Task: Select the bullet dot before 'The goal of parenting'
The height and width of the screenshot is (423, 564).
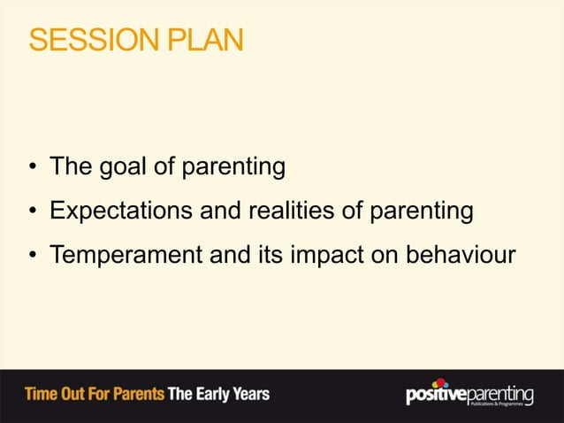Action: [x=32, y=168]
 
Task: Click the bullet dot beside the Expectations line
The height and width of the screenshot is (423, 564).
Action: [x=32, y=212]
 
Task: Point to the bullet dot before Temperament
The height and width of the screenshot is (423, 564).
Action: [x=32, y=257]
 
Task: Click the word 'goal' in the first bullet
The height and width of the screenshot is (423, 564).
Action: [x=115, y=167]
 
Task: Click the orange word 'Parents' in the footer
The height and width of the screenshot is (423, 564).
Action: [x=133, y=394]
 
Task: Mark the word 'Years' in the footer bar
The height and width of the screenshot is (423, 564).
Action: [x=252, y=394]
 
